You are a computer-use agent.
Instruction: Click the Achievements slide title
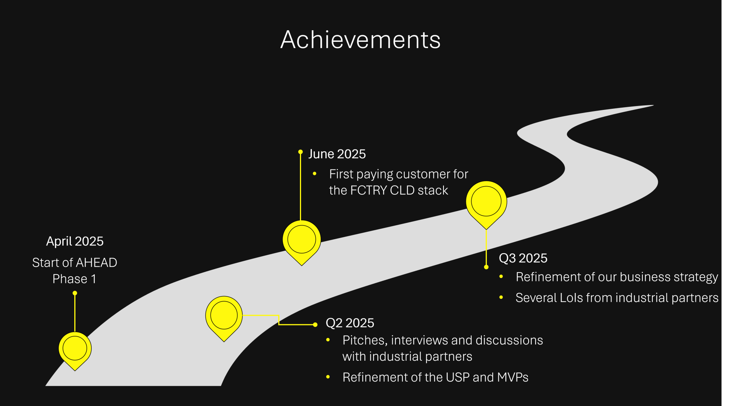click(x=360, y=39)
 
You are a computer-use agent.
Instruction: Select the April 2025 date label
click(x=75, y=241)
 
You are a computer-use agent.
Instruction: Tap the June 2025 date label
click(x=337, y=154)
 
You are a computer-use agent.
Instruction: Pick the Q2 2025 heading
click(x=350, y=323)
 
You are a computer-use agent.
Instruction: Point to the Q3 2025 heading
click(x=523, y=258)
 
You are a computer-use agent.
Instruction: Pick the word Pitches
click(x=365, y=340)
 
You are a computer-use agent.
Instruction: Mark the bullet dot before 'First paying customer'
click(x=315, y=174)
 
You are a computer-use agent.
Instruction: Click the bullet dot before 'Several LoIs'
click(x=501, y=297)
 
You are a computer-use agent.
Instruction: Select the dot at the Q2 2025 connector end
click(x=315, y=325)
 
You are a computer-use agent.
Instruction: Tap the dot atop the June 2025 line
click(x=300, y=152)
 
